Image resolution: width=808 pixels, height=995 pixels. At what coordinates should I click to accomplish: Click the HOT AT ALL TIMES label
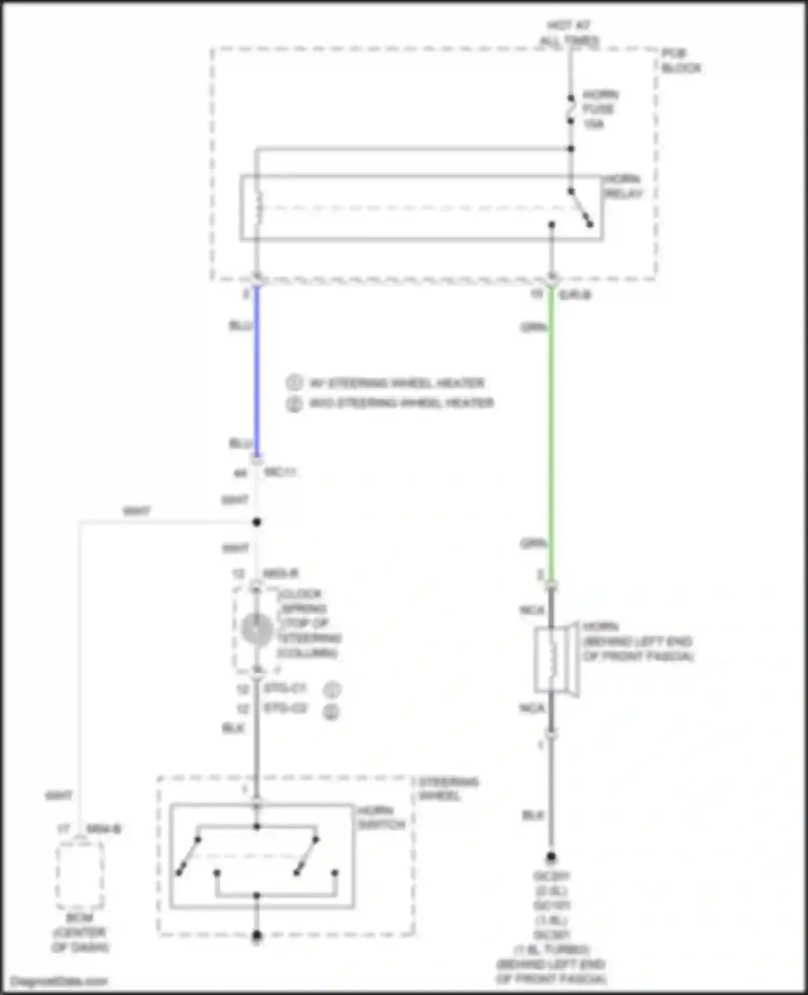coord(569,33)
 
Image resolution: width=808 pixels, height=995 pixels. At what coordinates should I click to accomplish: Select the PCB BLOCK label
coord(681,60)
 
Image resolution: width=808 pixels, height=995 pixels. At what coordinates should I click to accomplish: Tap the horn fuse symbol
coord(571,109)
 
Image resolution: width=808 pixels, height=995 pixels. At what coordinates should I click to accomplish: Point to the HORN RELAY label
coord(623,186)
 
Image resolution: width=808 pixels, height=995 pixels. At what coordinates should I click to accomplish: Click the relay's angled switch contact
coord(581,208)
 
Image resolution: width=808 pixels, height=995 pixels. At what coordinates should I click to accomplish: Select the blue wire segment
coord(257,372)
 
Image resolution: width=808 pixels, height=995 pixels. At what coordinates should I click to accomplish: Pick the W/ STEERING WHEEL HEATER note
coord(396,383)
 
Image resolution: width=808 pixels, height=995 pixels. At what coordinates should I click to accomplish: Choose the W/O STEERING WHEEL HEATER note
coord(401,403)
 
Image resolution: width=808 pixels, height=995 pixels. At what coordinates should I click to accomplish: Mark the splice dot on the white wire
coord(257,522)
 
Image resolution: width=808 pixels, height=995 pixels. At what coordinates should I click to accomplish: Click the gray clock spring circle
coord(257,630)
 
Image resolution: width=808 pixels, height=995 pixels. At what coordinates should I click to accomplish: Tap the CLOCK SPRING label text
coord(309,623)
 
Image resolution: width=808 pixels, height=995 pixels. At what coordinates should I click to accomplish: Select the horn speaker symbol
coord(555,659)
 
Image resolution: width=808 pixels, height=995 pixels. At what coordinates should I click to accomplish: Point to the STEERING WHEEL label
coord(448,789)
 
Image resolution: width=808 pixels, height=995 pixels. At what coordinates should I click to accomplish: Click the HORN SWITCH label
coord(381,818)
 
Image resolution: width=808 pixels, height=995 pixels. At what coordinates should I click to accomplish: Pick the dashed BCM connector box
coord(80,875)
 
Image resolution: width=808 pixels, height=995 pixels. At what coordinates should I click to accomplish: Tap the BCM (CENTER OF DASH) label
coord(80,932)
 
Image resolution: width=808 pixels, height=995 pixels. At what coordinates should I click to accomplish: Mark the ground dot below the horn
coord(551,856)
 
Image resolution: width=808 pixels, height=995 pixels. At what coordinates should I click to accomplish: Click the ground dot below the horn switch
coord(257,936)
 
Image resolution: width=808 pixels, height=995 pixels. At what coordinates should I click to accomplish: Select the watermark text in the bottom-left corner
coord(59,981)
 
